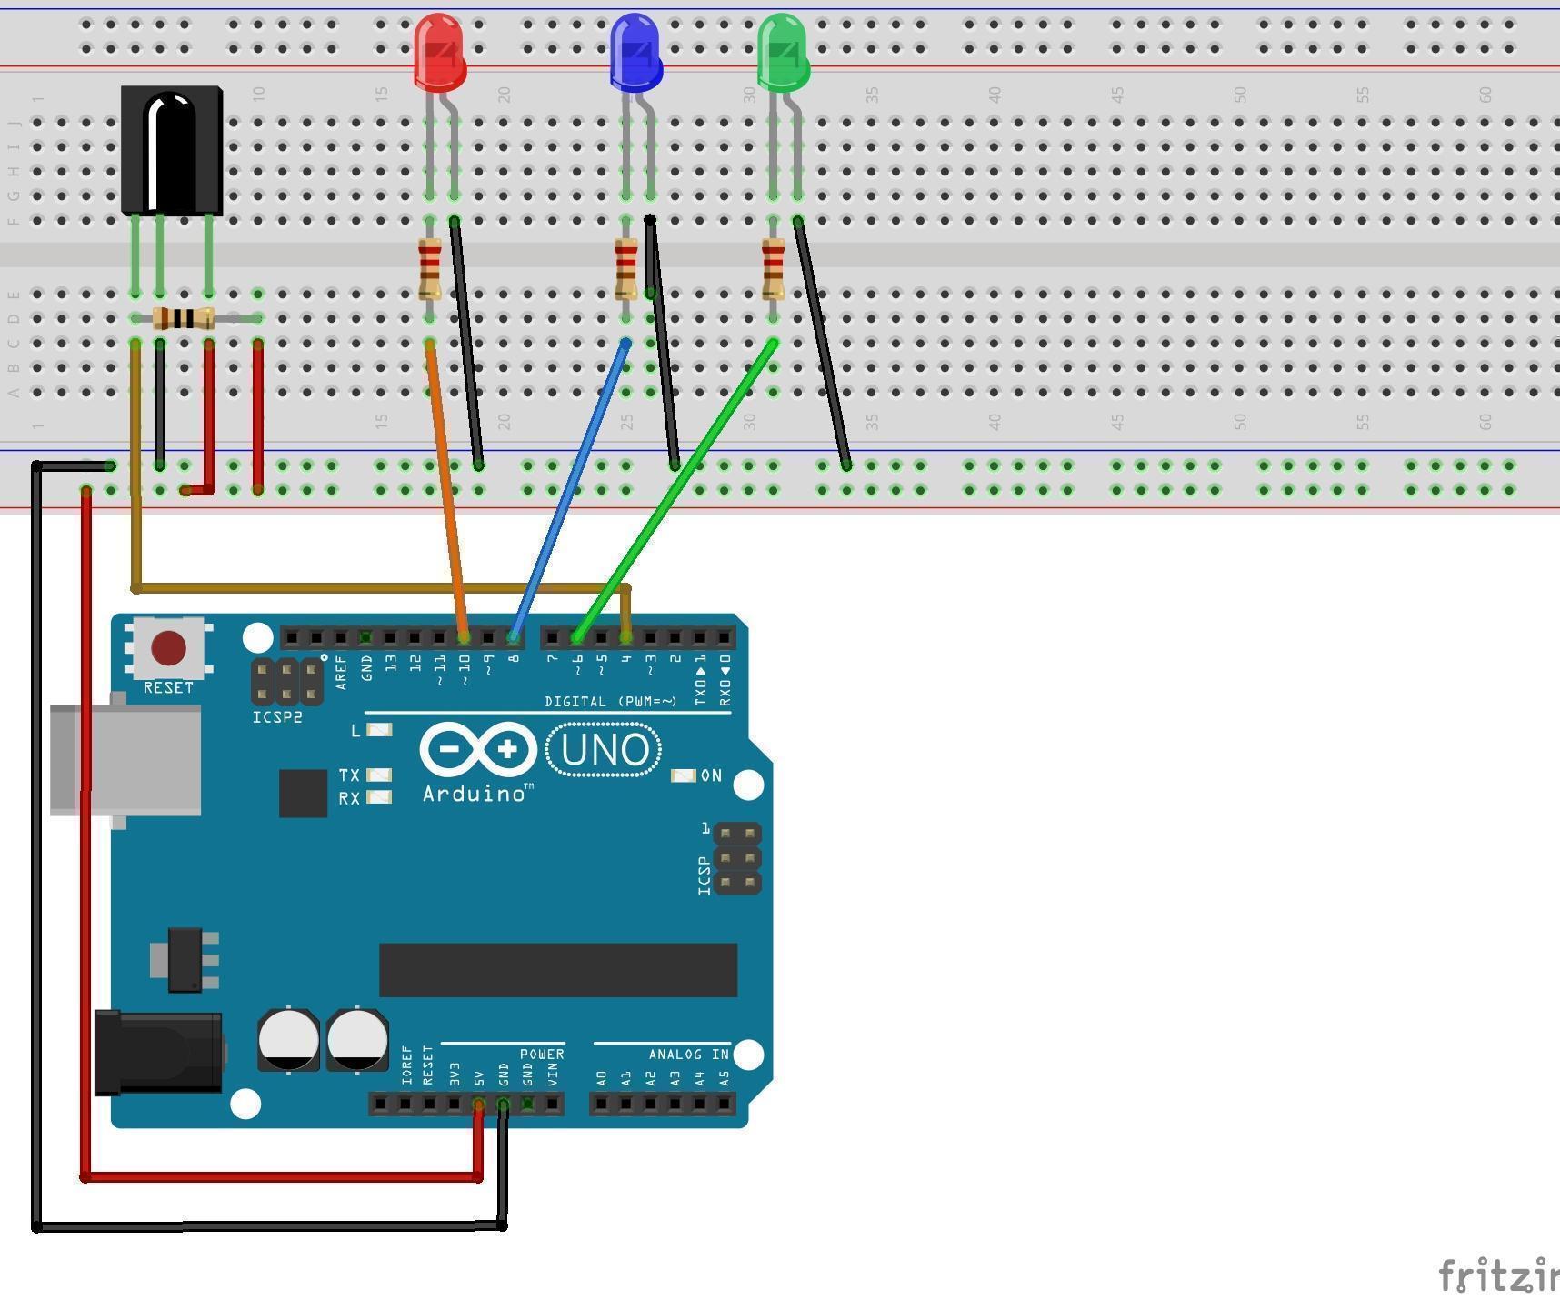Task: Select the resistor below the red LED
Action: pos(430,268)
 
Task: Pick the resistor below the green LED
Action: pos(773,268)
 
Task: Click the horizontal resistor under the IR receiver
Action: pos(184,318)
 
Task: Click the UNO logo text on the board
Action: pos(605,750)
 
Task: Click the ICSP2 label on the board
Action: pos(277,717)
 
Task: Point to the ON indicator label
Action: pos(711,775)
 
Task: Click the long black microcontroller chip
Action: pos(557,970)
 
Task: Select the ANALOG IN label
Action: pos(688,1055)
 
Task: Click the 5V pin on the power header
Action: pos(479,1105)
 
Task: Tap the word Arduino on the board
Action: pos(474,794)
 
